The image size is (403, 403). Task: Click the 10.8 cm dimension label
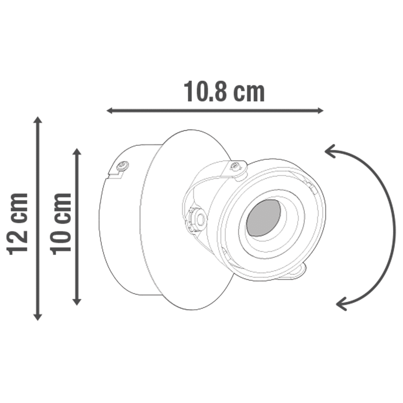224,92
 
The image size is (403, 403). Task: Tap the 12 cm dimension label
18,224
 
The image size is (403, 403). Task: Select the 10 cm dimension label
61,224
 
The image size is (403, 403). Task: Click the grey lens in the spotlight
264,218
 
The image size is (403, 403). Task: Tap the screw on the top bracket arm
237,166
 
